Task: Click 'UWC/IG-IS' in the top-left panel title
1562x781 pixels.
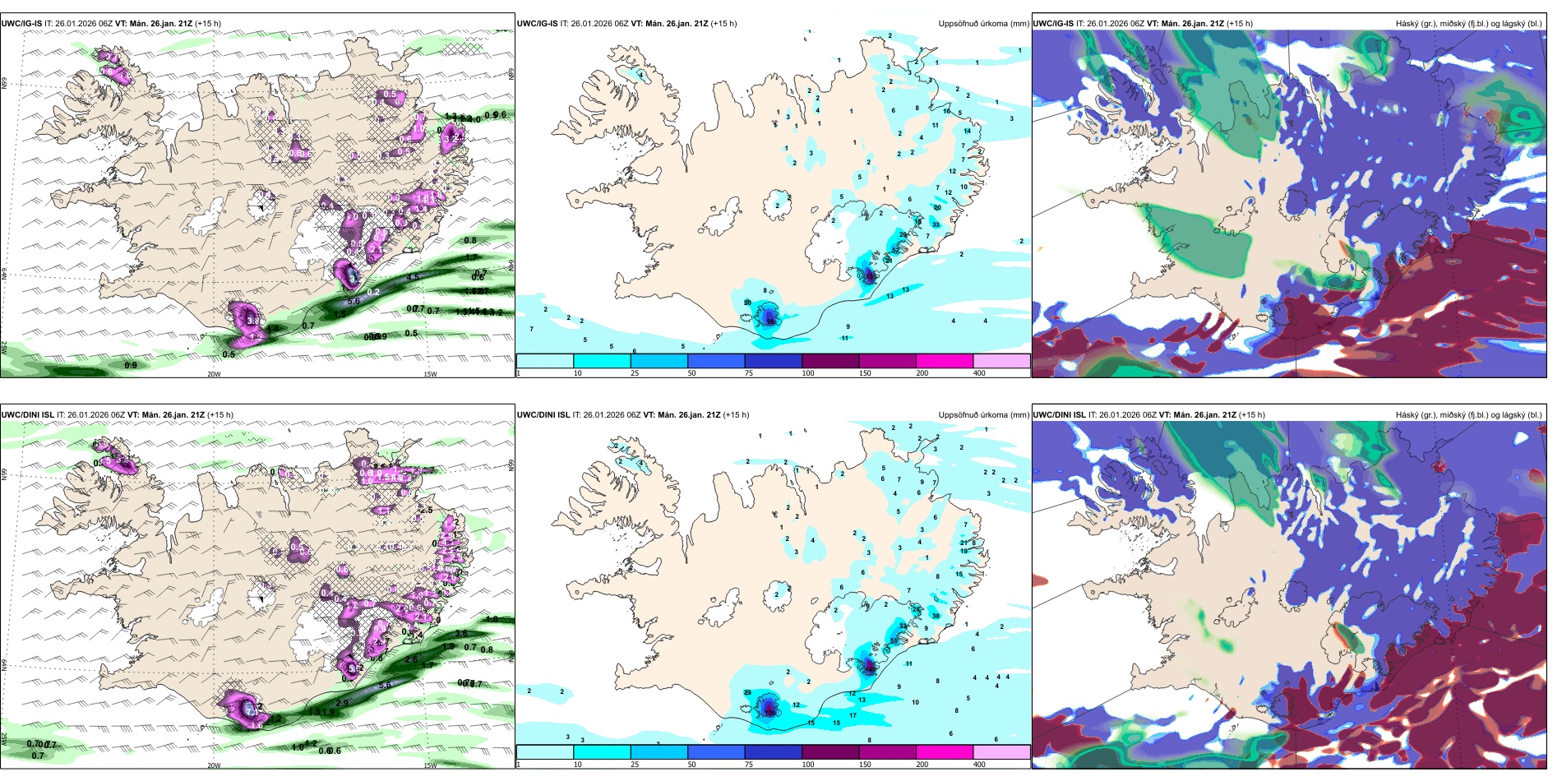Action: (21, 24)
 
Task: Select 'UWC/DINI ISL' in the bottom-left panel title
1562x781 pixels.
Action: (27, 415)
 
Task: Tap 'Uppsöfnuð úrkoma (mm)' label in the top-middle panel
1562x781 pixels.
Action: (983, 24)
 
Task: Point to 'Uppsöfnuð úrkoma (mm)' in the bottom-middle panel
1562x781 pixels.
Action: (983, 415)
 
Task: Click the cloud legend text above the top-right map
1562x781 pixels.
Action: (1468, 24)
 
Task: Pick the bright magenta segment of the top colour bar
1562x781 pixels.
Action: (945, 361)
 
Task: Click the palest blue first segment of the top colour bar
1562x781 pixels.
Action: (544, 361)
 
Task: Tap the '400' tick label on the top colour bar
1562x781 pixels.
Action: (979, 373)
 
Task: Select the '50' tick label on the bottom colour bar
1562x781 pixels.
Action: (691, 765)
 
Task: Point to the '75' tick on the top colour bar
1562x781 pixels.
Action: (749, 373)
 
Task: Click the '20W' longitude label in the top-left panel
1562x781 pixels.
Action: (214, 374)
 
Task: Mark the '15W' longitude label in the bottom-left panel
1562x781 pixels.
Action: (430, 765)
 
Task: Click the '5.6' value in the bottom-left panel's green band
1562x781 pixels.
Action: (385, 684)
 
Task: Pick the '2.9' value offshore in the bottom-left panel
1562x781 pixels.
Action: (342, 703)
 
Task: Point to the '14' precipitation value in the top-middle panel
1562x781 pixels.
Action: (968, 131)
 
